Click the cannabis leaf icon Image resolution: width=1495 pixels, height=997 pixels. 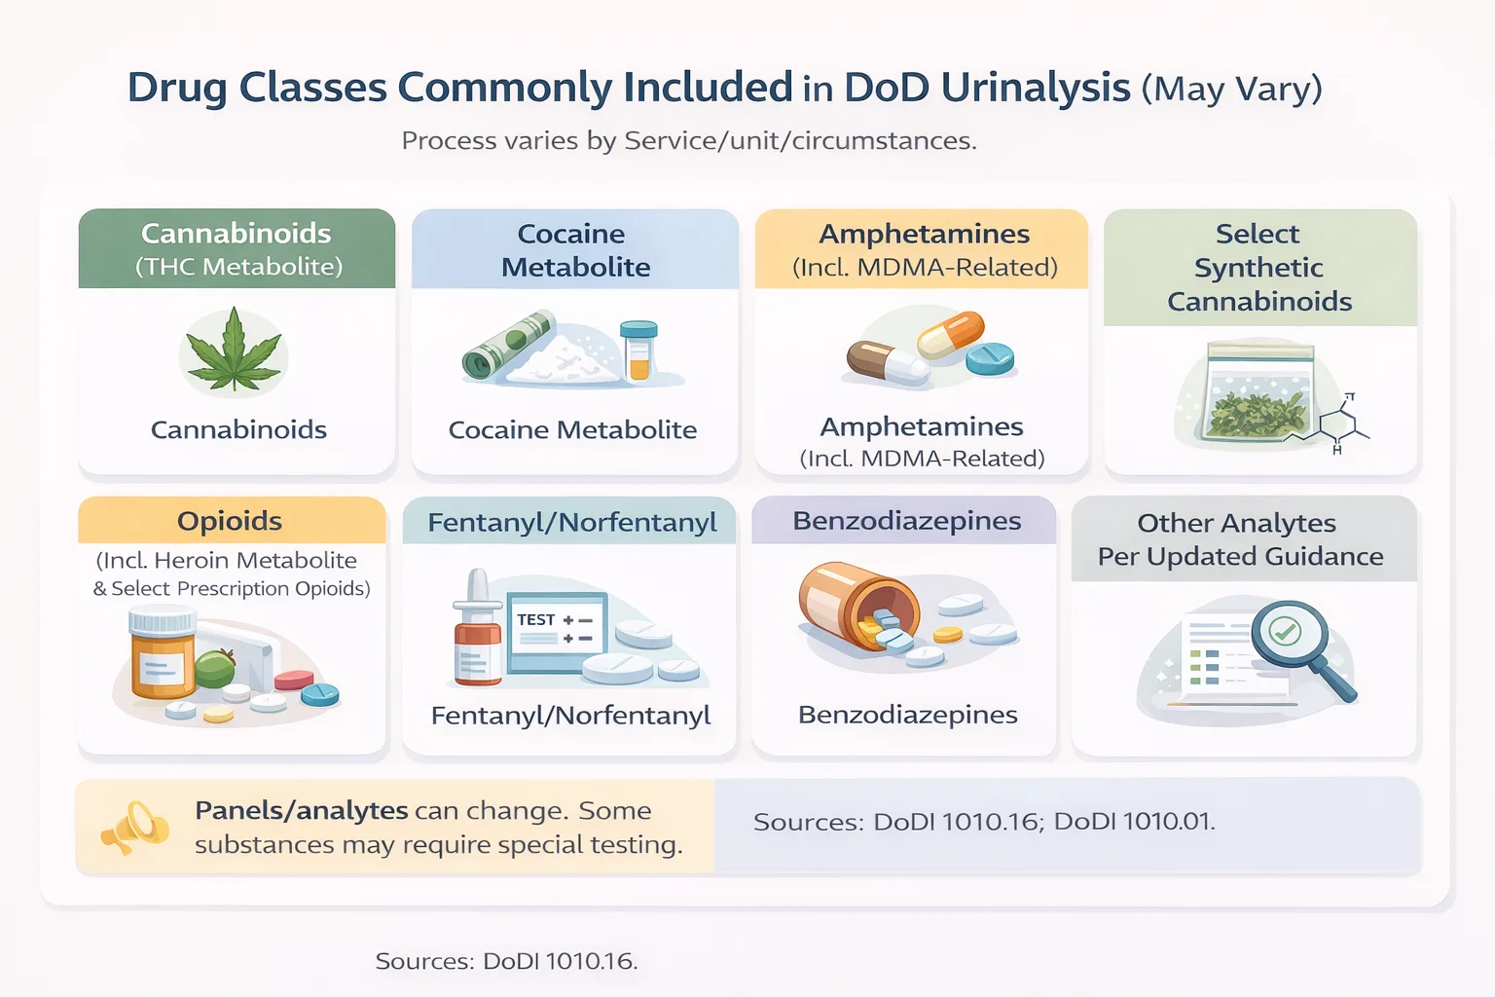[234, 351]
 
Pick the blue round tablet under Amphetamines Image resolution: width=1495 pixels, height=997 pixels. [990, 358]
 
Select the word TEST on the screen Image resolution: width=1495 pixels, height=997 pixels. [535, 619]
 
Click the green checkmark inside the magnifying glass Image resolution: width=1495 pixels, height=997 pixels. [1286, 631]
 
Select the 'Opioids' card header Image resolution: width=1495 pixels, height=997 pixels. [231, 521]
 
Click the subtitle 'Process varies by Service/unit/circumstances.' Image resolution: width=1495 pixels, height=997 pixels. [688, 141]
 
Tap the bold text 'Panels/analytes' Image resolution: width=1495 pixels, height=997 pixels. [301, 810]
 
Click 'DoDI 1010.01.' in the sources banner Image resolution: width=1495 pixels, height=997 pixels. [1134, 822]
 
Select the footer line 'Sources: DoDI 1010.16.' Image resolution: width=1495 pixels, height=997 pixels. [506, 961]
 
